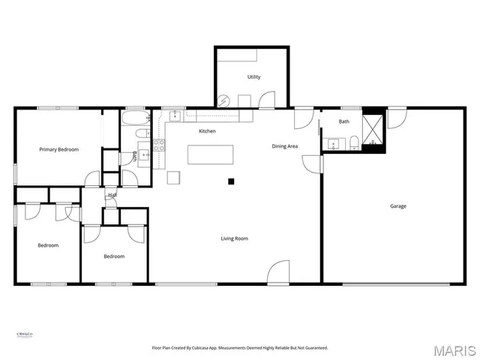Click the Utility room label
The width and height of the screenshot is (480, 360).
(x=253, y=77)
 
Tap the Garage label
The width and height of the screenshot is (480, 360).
(x=397, y=205)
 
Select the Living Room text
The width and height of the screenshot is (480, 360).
(x=234, y=238)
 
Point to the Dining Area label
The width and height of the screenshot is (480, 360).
(x=285, y=146)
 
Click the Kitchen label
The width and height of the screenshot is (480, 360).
(x=207, y=131)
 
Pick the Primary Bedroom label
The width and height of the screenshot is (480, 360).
(x=58, y=150)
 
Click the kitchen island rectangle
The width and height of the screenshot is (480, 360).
(x=211, y=154)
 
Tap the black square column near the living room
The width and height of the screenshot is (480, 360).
(x=232, y=181)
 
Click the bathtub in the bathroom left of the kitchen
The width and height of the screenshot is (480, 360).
(x=136, y=120)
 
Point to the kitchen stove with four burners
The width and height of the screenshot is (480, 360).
(x=159, y=145)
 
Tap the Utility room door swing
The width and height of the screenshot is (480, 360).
(x=266, y=100)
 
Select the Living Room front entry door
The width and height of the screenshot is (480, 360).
(x=278, y=272)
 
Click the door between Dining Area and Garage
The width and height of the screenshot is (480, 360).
(x=316, y=164)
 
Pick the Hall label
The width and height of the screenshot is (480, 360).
(x=112, y=195)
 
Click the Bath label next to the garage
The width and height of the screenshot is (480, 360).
(x=343, y=121)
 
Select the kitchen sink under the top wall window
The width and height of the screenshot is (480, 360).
(x=175, y=115)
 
